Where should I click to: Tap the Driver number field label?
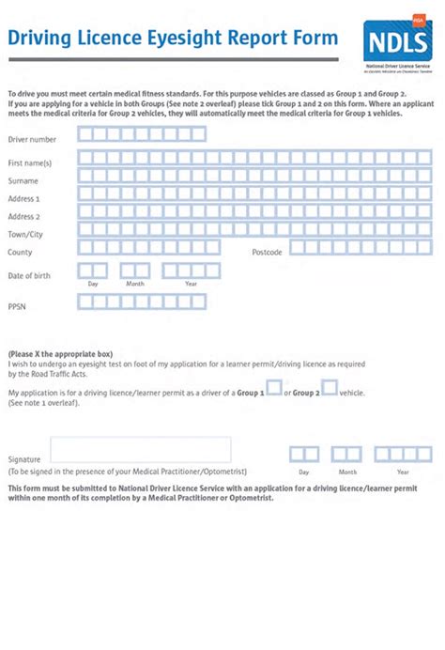(32, 140)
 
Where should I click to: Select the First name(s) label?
(30, 163)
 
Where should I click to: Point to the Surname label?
(23, 180)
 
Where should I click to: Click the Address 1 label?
(24, 199)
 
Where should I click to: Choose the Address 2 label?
(24, 217)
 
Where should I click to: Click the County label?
(20, 253)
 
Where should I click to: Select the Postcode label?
(267, 253)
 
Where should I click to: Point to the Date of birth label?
(29, 275)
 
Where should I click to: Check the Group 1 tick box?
(274, 388)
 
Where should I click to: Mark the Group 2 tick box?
(330, 388)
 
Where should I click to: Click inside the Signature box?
(141, 450)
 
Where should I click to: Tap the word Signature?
(24, 459)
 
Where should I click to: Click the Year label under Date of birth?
(191, 284)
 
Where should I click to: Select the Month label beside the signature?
(348, 472)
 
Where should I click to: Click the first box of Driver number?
(85, 134)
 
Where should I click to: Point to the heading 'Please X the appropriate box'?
(60, 354)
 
